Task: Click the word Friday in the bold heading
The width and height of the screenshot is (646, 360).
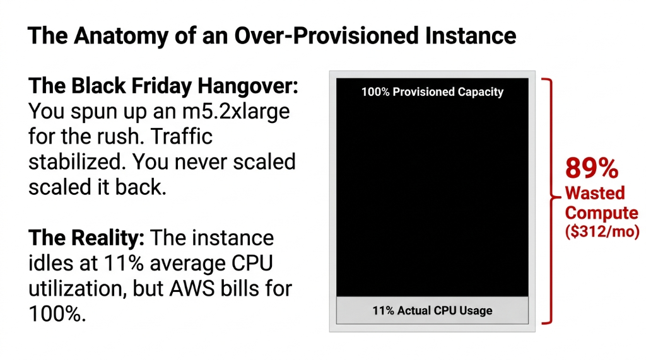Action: tap(164, 87)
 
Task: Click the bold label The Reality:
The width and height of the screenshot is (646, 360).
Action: tap(87, 238)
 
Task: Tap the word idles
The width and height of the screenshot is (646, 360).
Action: tap(51, 264)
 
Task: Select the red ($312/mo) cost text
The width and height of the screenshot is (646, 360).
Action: tap(602, 231)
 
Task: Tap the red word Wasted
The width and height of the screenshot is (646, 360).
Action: tap(594, 194)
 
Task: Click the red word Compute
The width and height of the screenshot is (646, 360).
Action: tap(601, 213)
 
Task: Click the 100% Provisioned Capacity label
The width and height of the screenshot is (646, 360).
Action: tap(432, 92)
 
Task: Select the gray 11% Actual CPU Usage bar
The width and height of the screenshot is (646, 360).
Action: tap(432, 310)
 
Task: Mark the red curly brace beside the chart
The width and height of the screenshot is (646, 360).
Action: tap(551, 200)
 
